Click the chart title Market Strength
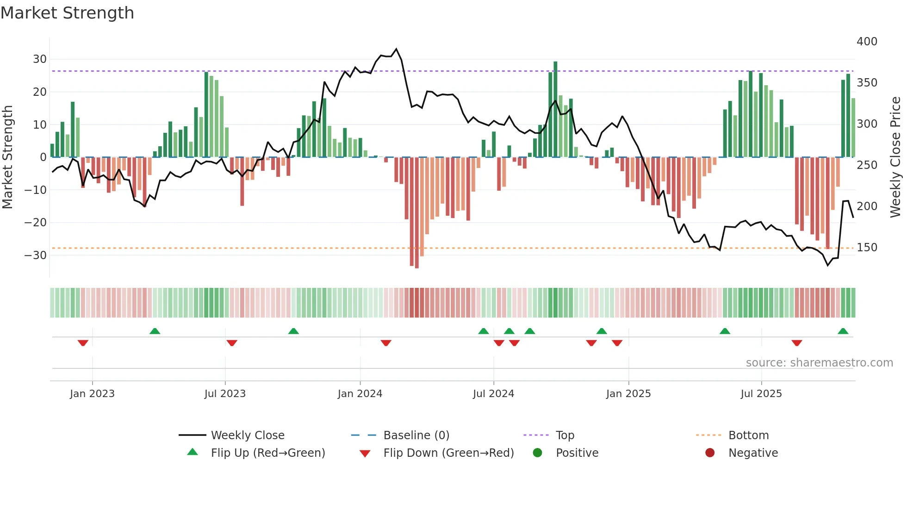point(67,13)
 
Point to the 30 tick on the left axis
point(39,59)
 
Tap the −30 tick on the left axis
point(36,255)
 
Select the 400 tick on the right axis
point(867,42)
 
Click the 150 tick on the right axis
point(867,248)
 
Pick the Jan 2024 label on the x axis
point(360,394)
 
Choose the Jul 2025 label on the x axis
point(761,394)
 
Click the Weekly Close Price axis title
point(895,157)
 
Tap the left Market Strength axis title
point(7,157)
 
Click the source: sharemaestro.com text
point(819,363)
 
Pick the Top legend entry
point(565,435)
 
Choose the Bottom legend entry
point(748,435)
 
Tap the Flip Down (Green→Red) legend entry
point(448,453)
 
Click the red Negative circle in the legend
point(710,453)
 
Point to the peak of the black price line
point(396,49)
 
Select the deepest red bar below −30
point(417,213)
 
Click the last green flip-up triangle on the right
point(843,331)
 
